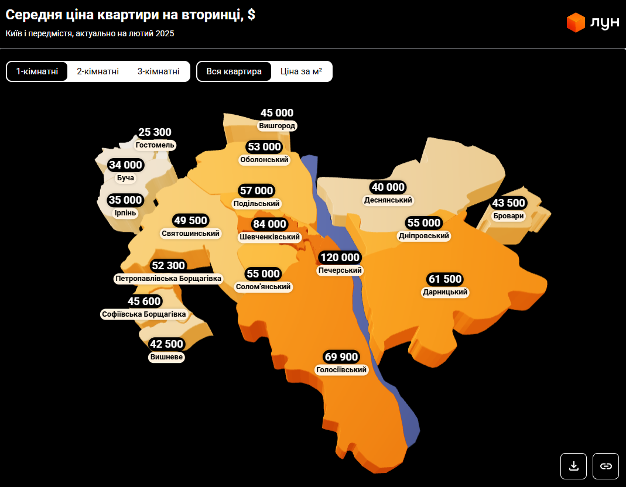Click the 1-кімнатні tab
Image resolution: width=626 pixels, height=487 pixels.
(x=37, y=71)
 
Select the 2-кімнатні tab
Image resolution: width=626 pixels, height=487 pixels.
(x=98, y=71)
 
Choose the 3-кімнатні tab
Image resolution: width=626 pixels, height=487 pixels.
(x=159, y=71)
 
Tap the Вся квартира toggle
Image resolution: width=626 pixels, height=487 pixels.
(x=234, y=71)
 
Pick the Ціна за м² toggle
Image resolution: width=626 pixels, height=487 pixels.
(x=302, y=71)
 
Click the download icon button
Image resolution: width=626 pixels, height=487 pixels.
(x=574, y=466)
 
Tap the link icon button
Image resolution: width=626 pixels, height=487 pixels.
(x=606, y=466)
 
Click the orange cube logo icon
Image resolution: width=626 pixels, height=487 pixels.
(x=576, y=22)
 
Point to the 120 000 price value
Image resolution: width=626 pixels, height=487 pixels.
(x=340, y=258)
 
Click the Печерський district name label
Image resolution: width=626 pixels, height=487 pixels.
(x=340, y=270)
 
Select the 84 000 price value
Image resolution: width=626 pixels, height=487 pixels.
(x=269, y=224)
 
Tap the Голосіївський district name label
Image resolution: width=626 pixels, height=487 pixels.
(x=341, y=370)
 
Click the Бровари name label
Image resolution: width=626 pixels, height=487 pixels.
(x=508, y=216)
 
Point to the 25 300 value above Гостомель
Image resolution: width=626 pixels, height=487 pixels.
(x=155, y=132)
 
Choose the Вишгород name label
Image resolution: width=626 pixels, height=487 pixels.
(x=277, y=126)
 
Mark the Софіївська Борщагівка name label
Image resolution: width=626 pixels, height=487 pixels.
(x=144, y=314)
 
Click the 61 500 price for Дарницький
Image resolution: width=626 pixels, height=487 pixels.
(x=446, y=279)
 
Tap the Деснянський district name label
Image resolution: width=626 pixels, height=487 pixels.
(x=388, y=200)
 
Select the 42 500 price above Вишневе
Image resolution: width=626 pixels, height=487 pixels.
(x=166, y=344)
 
